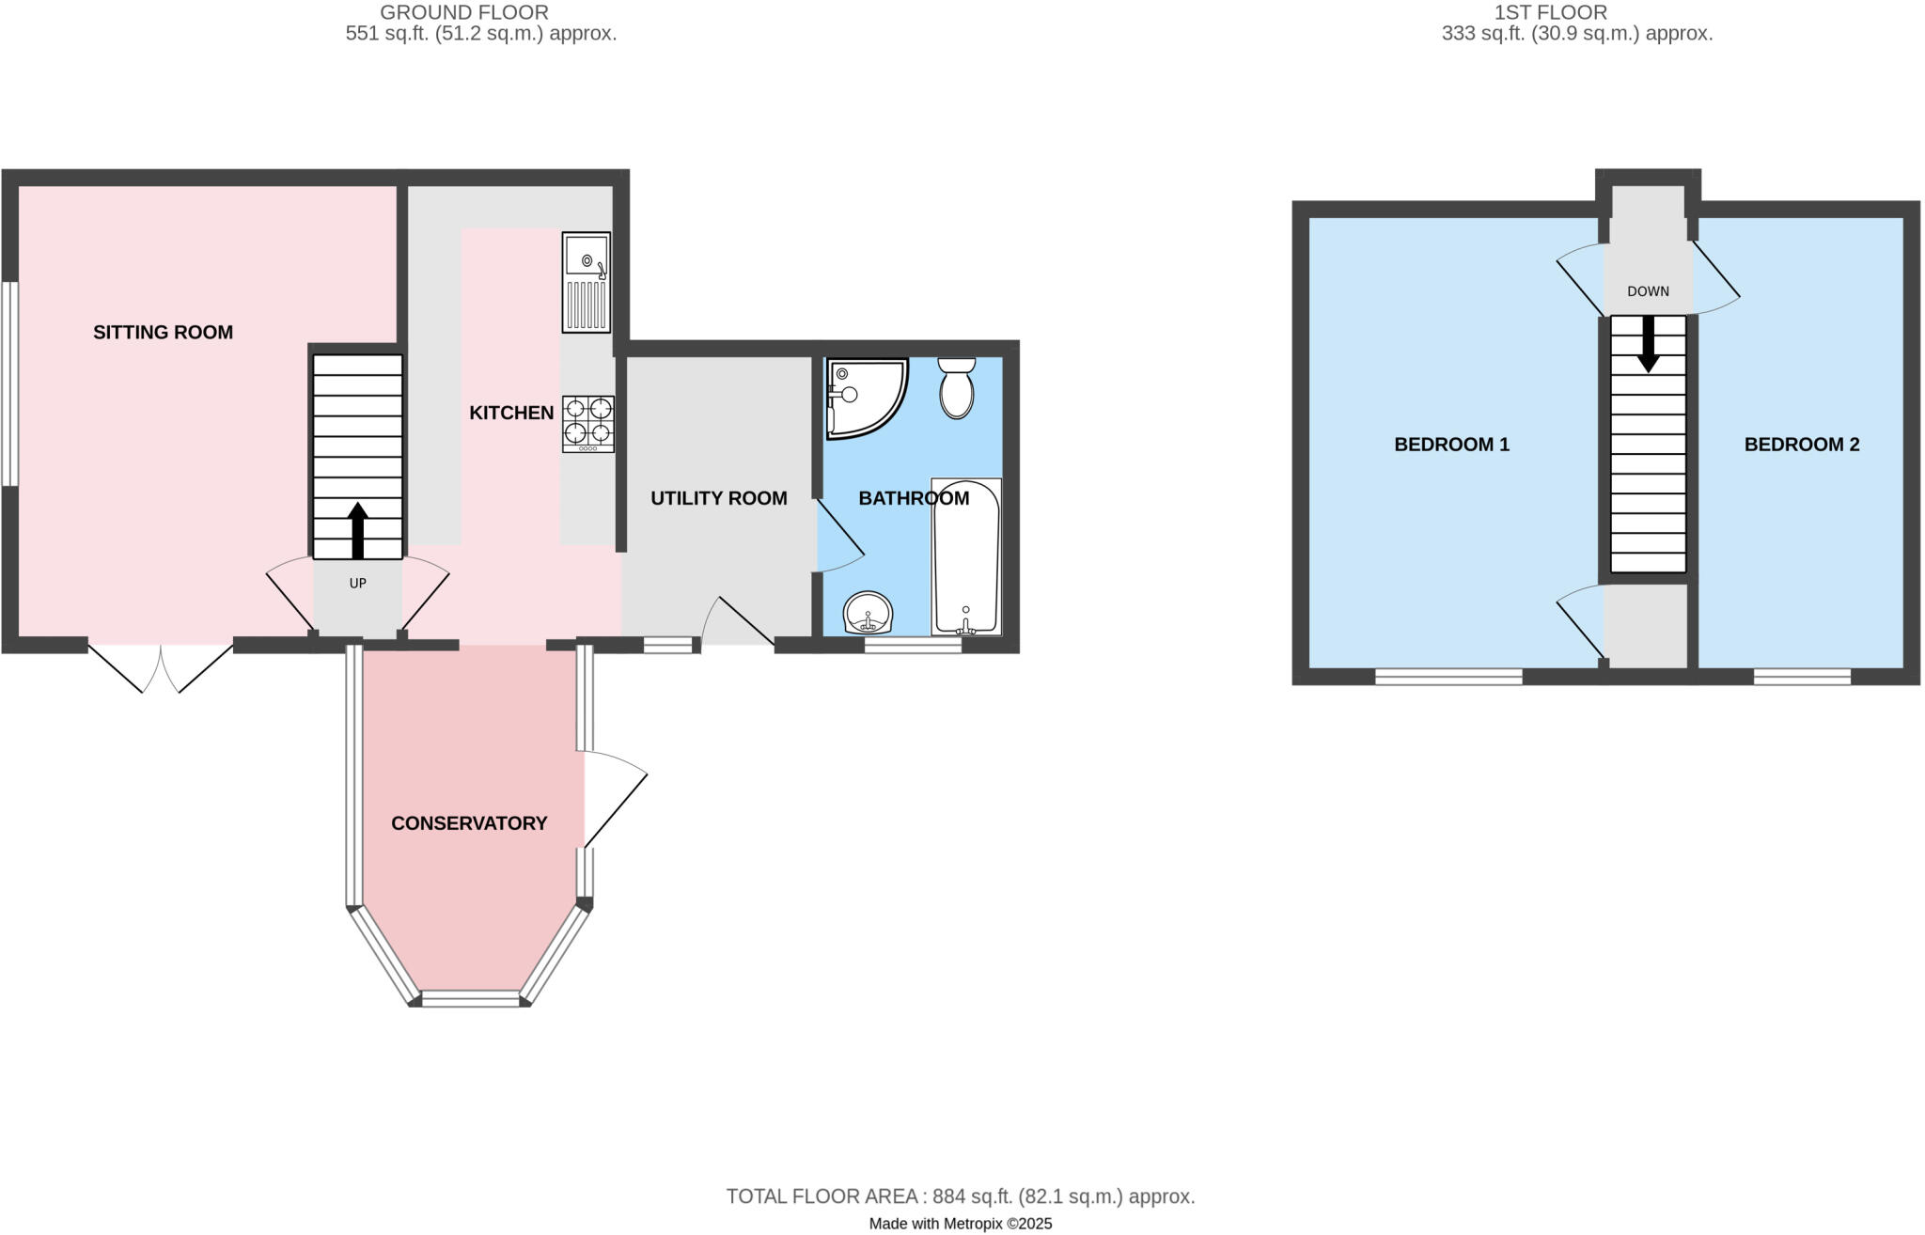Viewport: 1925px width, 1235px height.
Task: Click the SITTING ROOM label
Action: click(x=163, y=332)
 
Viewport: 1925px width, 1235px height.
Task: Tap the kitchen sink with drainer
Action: click(x=586, y=282)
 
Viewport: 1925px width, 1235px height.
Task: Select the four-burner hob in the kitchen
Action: click(x=588, y=423)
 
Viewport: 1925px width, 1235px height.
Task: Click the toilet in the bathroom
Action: click(x=957, y=389)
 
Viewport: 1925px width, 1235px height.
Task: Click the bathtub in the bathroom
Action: click(x=965, y=556)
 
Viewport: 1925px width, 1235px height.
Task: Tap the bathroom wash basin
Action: click(x=868, y=615)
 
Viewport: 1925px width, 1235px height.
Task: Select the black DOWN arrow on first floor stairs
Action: click(x=1648, y=345)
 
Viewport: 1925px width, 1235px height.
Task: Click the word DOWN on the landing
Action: click(x=1648, y=291)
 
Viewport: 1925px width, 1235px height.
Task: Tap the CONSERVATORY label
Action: click(x=469, y=823)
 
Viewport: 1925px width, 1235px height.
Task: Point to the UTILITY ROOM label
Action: click(x=718, y=498)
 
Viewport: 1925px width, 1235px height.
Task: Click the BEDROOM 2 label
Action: click(x=1801, y=445)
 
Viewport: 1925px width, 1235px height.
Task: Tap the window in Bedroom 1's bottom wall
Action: click(x=1448, y=677)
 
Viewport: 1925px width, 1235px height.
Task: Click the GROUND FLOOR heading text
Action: click(x=464, y=12)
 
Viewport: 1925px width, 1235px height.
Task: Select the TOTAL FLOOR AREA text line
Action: click(x=960, y=1196)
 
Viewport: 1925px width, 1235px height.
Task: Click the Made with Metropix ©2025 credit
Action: click(x=960, y=1224)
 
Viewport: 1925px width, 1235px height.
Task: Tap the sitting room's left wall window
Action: click(x=8, y=383)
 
